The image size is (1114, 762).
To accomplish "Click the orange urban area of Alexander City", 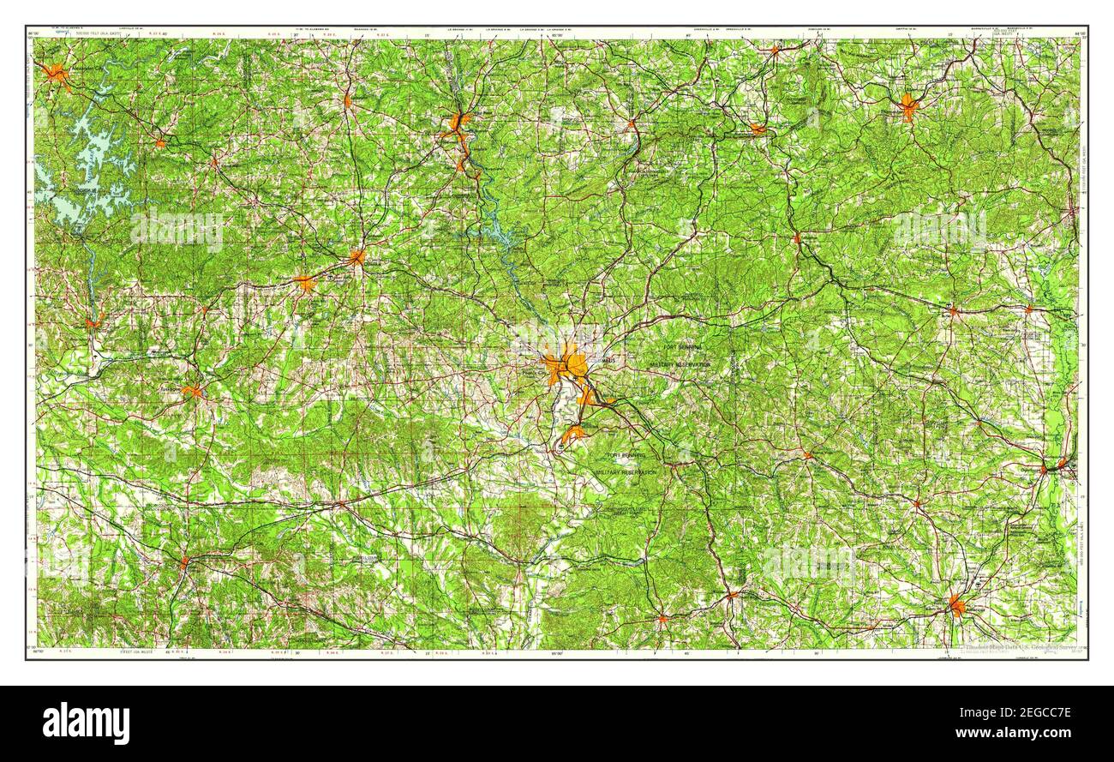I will pos(57,74).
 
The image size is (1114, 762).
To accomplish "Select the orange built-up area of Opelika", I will pos(356,256).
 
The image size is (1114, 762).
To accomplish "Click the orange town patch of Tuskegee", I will pos(192,392).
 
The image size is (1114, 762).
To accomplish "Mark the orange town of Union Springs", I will pos(184,562).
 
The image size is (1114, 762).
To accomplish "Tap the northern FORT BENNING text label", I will pos(682,347).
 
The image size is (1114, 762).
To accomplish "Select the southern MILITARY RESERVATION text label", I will pos(628,472).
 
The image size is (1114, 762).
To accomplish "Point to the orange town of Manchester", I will pos(758,129).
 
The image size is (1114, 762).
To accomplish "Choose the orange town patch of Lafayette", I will pos(348,100).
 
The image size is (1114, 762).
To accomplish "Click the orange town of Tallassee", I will pos(94,322).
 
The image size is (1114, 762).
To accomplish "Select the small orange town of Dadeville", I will pos(160,143).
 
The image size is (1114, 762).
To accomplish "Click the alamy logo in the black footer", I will pos(87,723).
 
